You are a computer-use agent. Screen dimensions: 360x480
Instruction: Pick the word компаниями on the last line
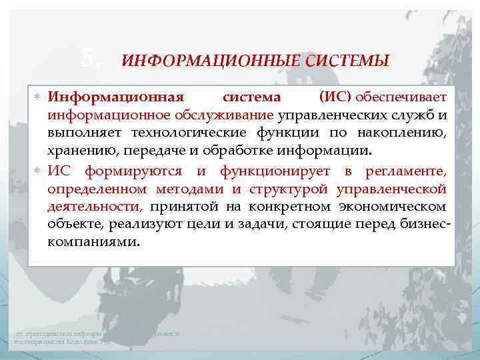click(x=93, y=242)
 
